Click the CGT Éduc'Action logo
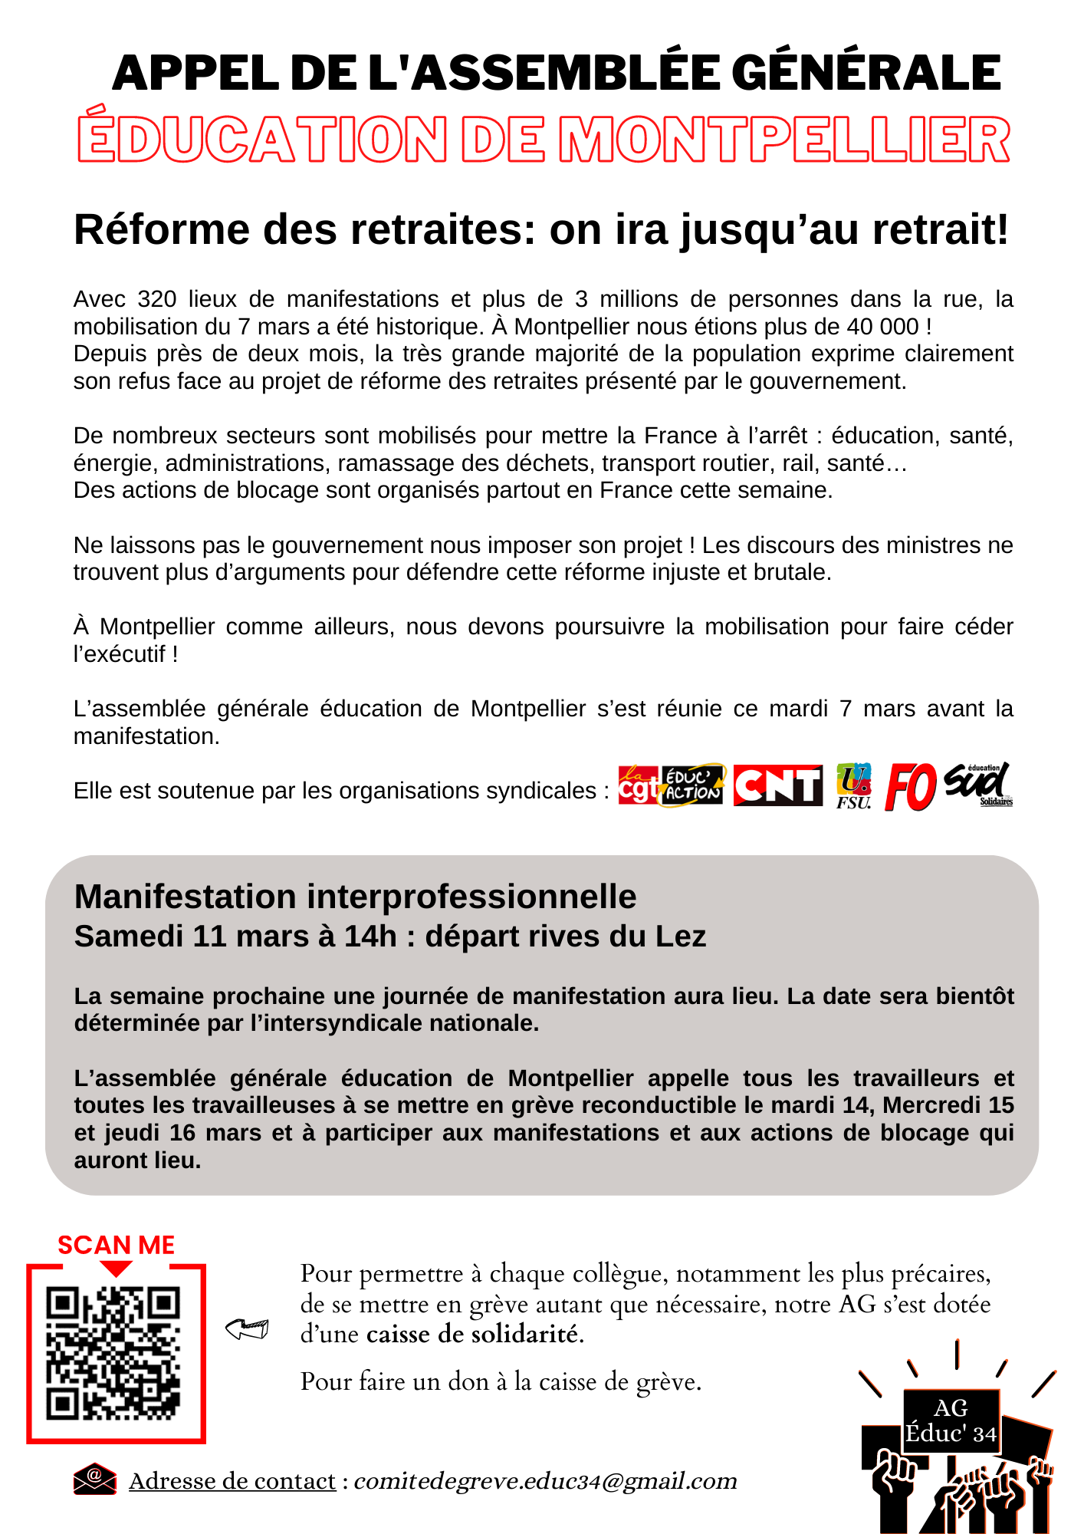tap(670, 785)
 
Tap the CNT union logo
tap(777, 785)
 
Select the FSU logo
tap(853, 785)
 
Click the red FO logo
tap(910, 786)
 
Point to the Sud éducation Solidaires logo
tap(978, 785)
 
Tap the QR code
tap(113, 1353)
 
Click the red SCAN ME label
tap(117, 1245)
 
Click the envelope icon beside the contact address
tap(94, 1479)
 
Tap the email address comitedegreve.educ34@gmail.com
tap(545, 1480)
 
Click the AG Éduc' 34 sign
tap(951, 1421)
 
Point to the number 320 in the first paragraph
tap(157, 299)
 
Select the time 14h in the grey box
tap(370, 937)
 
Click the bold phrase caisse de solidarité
tap(475, 1335)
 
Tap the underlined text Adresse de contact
tap(232, 1481)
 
